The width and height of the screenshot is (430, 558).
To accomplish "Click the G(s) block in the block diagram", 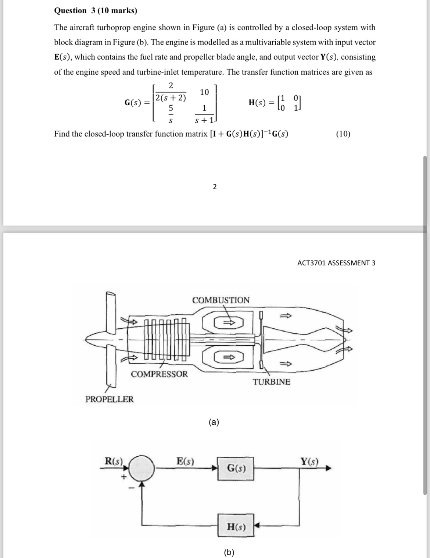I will click(x=236, y=469).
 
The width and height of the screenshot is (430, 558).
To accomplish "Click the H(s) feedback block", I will click(x=236, y=527).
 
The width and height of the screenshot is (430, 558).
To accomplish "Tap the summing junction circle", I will click(x=142, y=468).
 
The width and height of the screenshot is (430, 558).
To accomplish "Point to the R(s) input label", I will click(x=114, y=461).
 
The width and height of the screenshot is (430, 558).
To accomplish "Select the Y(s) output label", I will click(x=309, y=461).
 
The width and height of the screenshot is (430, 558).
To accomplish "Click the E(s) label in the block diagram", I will click(x=186, y=461).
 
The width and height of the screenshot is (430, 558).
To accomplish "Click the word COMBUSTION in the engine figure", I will click(x=221, y=300).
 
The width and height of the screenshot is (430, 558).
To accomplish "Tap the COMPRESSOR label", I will click(x=159, y=374).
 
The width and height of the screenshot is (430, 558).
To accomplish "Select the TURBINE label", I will click(x=271, y=382).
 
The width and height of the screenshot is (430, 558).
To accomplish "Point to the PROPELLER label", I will click(x=110, y=399).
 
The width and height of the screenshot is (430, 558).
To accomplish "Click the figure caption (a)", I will click(x=214, y=422).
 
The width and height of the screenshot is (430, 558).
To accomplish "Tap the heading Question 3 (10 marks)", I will click(x=96, y=10).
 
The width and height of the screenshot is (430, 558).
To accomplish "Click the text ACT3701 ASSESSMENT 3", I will click(x=336, y=263).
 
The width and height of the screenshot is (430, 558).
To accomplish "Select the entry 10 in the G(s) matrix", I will click(x=204, y=92).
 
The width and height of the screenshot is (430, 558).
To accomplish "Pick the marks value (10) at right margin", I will click(x=343, y=134).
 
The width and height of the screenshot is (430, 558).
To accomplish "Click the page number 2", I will click(x=215, y=187).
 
